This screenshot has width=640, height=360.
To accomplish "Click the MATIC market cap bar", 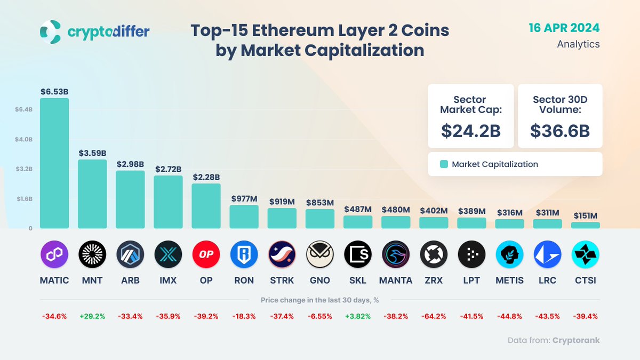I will point(54,163).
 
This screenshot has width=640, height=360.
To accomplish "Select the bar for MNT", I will point(92,194).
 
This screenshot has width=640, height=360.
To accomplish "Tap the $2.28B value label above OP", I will point(206,177).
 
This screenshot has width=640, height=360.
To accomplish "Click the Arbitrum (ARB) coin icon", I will point(130,254).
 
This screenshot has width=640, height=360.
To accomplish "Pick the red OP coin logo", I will point(206,254).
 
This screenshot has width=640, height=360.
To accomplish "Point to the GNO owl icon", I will point(319,254).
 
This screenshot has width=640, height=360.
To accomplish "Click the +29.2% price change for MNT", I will point(92,316).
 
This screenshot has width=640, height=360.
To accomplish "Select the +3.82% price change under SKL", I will point(357,316).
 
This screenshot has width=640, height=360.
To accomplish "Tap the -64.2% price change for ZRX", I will point(433,316).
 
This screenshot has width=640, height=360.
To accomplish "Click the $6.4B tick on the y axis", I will point(24,109).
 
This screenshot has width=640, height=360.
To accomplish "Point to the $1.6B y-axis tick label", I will point(24,199).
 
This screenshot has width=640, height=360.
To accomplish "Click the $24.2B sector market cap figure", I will point(470,131).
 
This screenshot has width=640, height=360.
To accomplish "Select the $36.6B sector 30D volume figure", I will point(560,131).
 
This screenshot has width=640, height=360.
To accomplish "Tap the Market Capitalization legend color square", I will point(443,164).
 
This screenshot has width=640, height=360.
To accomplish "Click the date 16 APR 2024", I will point(564,28).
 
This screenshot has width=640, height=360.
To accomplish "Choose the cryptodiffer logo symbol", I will point(51,32).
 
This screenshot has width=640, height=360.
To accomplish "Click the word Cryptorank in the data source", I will point(576,340).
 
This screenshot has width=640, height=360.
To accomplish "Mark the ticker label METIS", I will point(509,280).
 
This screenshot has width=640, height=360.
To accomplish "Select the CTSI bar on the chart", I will point(585,225).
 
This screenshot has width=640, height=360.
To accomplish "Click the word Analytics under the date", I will point(578,44).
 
